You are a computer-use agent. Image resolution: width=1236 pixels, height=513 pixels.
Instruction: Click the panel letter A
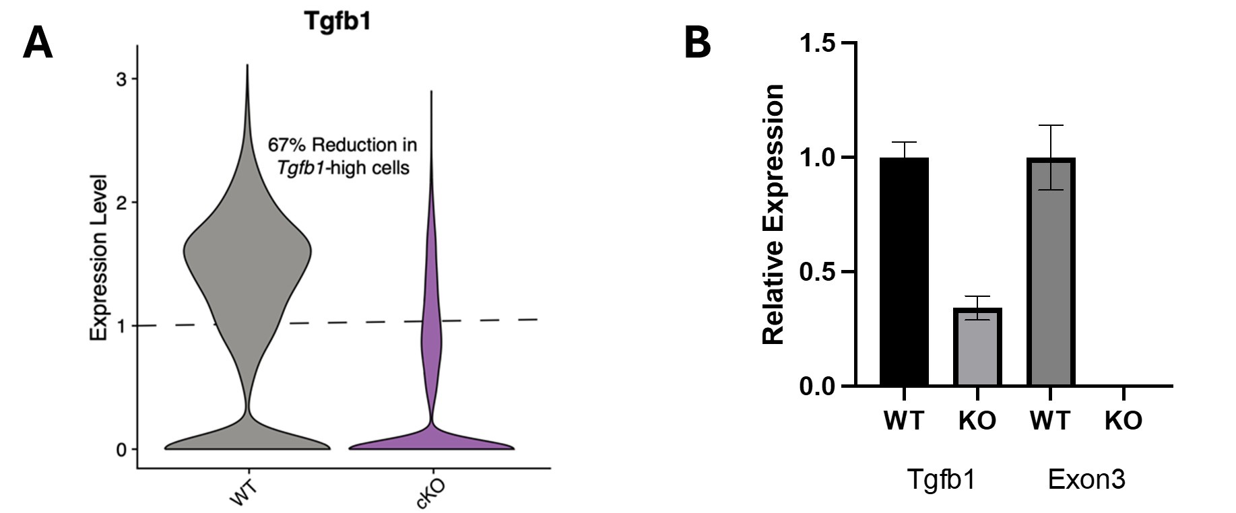38,44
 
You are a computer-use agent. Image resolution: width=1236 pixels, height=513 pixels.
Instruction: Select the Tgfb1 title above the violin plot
337,21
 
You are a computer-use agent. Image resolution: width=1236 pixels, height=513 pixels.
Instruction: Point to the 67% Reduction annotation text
343,156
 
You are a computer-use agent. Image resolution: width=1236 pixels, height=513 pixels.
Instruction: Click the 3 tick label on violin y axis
121,79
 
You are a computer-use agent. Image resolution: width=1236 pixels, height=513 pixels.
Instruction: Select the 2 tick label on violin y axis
121,203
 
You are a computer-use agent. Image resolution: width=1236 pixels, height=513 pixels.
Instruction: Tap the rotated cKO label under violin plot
431,493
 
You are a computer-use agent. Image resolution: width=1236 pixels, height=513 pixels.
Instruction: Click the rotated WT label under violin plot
244,491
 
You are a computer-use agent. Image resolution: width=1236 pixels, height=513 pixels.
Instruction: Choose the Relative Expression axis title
773,215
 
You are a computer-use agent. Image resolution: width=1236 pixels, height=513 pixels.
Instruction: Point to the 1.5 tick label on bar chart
817,43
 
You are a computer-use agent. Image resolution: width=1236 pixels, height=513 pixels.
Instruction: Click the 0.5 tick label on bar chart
817,272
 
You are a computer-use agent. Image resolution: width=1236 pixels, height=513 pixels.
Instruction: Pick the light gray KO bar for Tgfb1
977,347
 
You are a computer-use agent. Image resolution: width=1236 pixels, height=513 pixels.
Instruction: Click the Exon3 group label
1086,480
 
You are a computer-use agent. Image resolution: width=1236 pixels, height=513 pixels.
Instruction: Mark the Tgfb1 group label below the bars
940,480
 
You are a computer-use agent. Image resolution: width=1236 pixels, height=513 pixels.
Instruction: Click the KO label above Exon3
1124,421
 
